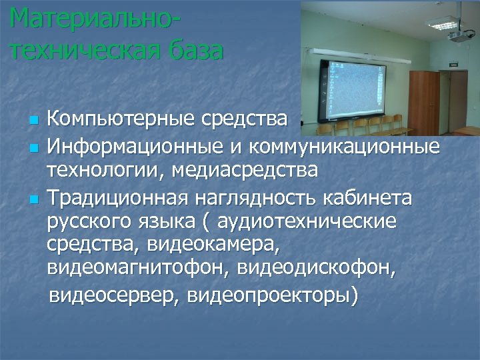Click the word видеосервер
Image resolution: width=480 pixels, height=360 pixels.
(111, 295)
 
